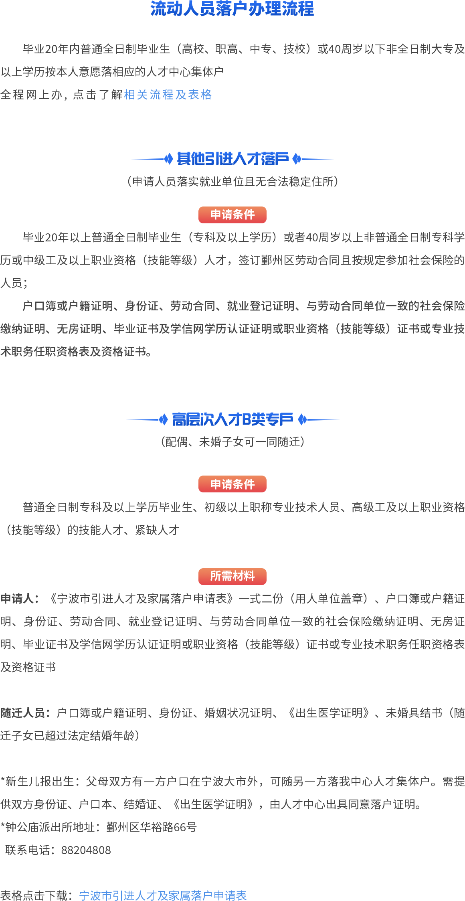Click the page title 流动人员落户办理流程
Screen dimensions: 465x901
point(232,9)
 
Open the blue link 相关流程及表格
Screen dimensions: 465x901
point(168,95)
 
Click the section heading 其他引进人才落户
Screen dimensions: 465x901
point(232,159)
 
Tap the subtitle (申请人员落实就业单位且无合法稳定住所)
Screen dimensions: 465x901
point(232,182)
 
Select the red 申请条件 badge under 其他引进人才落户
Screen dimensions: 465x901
point(232,215)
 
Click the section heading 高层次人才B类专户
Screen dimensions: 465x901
point(232,420)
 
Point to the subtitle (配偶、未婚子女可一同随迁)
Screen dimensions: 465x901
point(232,442)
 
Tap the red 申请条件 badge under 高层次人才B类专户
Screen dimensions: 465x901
point(232,484)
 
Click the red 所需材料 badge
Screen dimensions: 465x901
point(232,576)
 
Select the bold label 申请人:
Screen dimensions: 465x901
point(20,599)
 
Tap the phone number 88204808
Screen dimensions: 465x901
point(86,850)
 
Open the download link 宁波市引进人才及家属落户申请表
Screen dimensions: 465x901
point(163,896)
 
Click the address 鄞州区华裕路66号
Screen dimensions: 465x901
point(152,827)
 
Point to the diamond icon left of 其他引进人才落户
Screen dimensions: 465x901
point(168,159)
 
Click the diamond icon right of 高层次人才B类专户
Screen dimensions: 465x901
point(303,420)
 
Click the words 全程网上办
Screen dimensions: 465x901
point(31,95)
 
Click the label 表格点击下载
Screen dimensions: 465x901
point(34,896)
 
